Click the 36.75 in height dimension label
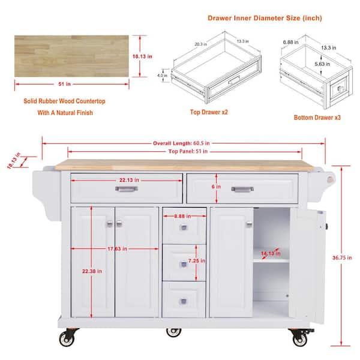(x=342, y=257)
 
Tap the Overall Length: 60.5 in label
(x=181, y=143)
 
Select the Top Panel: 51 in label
(x=188, y=151)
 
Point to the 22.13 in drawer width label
(x=129, y=180)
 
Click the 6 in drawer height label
(x=216, y=187)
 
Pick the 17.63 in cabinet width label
(x=117, y=248)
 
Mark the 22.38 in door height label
(x=92, y=271)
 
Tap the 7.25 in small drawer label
(x=197, y=261)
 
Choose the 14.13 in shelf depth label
(x=271, y=253)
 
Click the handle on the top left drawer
(x=127, y=189)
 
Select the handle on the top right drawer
(x=242, y=189)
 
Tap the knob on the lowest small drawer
(x=183, y=301)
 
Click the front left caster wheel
(x=67, y=338)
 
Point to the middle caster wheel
(x=173, y=332)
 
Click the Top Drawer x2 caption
(x=209, y=112)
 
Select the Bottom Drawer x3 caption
(x=317, y=118)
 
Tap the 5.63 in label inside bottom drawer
(x=322, y=64)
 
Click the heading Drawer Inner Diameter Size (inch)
(x=265, y=18)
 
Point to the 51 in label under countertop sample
(x=64, y=84)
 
